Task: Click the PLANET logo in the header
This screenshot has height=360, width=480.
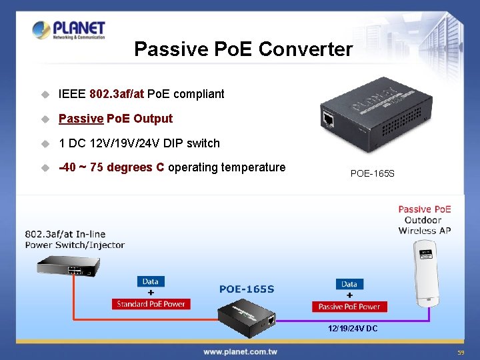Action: click(69, 30)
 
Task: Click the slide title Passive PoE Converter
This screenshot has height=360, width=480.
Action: click(243, 49)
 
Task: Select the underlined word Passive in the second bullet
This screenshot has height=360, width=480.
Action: click(81, 119)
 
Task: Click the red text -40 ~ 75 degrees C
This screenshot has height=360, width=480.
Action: click(111, 167)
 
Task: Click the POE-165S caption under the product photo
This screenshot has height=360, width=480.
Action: click(372, 174)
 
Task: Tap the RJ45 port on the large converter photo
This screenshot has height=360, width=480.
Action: click(328, 119)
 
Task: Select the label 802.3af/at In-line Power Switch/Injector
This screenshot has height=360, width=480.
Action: click(75, 239)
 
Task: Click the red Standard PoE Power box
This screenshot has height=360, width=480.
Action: click(151, 304)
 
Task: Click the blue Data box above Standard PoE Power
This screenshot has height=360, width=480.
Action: click(150, 281)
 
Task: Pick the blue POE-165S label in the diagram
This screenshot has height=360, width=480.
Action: click(246, 289)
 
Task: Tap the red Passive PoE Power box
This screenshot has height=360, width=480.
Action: click(349, 307)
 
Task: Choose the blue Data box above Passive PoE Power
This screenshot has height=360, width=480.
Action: click(349, 284)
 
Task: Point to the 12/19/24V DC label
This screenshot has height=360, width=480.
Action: click(353, 329)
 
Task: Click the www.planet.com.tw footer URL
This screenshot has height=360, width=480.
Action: click(240, 351)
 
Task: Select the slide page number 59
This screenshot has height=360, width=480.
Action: click(461, 352)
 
